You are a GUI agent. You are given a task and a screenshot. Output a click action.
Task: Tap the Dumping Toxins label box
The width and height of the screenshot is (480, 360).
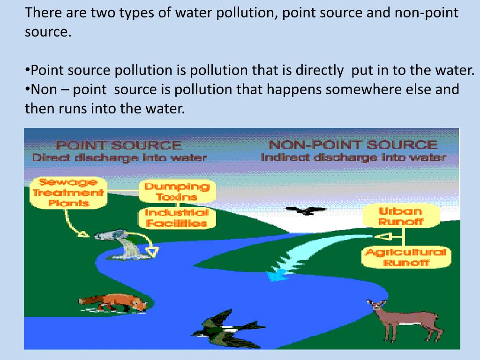click(176, 192)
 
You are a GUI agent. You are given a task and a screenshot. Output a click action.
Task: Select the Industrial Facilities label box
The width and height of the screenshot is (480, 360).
click(176, 218)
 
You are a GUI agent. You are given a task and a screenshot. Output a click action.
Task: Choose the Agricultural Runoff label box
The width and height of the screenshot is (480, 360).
click(406, 257)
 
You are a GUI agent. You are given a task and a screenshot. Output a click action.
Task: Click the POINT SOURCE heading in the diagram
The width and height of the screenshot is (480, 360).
click(119, 145)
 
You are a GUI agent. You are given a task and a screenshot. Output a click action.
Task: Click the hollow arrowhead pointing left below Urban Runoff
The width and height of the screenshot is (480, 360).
click(384, 236)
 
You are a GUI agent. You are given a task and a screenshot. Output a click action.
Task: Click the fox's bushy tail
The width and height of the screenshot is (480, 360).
click(88, 300)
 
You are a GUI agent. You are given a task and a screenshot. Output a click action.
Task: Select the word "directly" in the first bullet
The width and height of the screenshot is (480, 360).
click(319, 70)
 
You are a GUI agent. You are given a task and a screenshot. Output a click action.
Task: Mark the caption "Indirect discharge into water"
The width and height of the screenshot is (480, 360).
click(353, 157)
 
